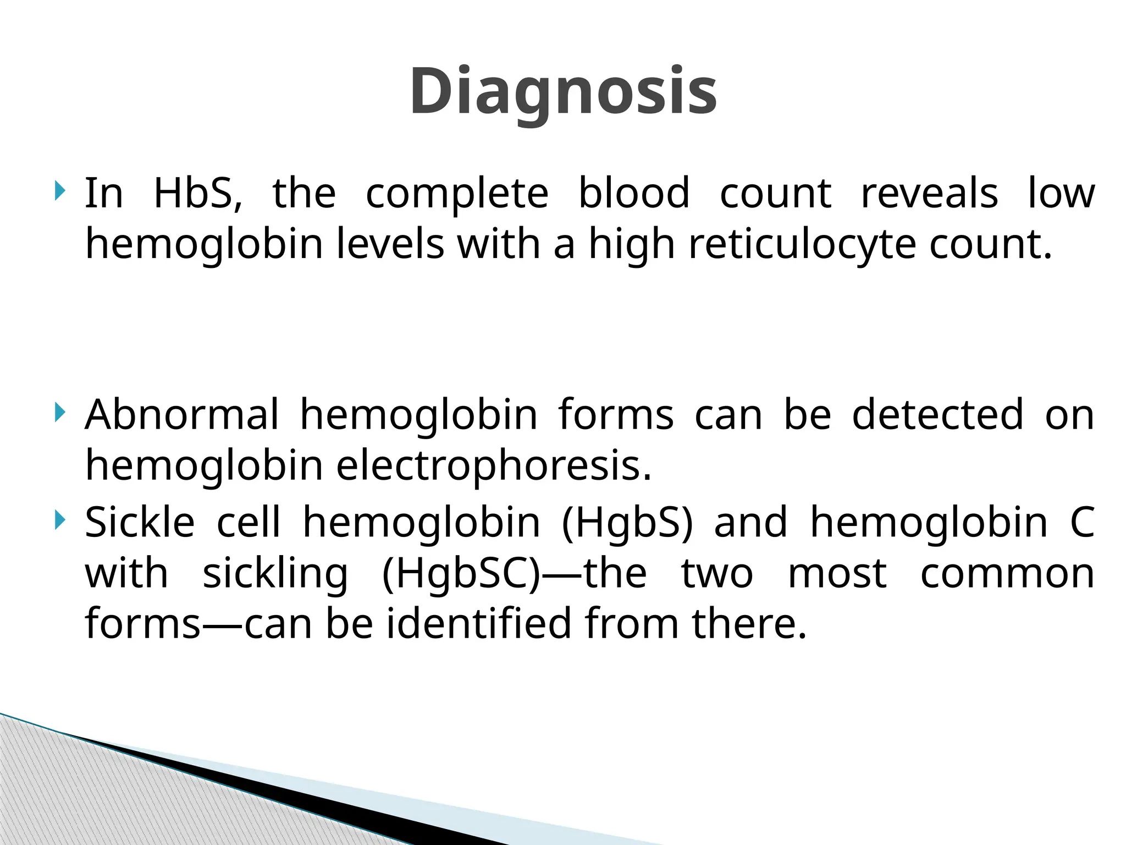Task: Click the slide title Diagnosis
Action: click(x=563, y=91)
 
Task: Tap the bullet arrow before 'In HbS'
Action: click(x=60, y=192)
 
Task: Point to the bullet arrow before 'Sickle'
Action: click(x=60, y=520)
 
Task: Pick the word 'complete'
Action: click(x=457, y=194)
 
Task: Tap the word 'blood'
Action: click(x=634, y=194)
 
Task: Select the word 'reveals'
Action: click(x=929, y=194)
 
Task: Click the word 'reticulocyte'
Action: click(x=802, y=245)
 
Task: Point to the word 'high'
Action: click(x=632, y=245)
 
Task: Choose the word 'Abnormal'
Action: click(x=182, y=415)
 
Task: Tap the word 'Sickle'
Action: click(x=140, y=523)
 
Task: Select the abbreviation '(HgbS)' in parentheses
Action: click(x=627, y=523)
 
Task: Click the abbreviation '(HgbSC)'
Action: click(x=462, y=574)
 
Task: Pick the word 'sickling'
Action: click(x=275, y=574)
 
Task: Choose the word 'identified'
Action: click(x=479, y=624)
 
